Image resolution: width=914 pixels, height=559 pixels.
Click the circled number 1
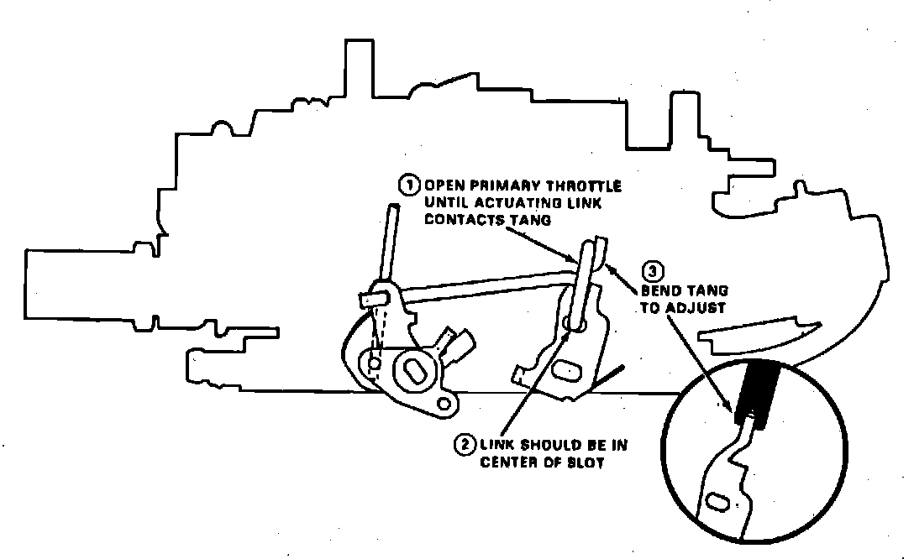[x=408, y=184]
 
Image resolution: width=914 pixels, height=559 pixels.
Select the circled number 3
[x=653, y=272]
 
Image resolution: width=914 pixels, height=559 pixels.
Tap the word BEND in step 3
[x=659, y=290]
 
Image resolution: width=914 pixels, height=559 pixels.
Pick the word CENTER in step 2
[x=507, y=462]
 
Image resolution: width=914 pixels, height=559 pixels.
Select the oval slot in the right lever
[x=565, y=367]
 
